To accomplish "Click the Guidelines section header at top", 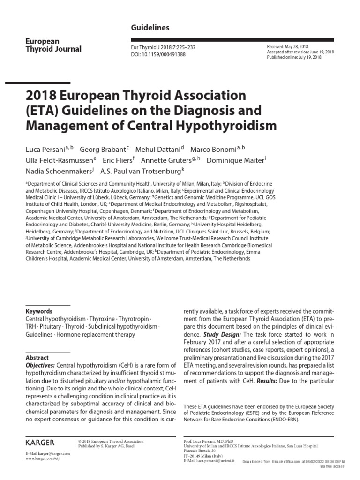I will tap(150, 28).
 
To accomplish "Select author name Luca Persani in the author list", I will tap(45, 150).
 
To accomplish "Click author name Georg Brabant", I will tap(103, 150).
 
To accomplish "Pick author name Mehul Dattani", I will tap(157, 150).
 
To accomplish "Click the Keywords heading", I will tap(39, 311).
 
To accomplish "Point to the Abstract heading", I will tap(37, 358).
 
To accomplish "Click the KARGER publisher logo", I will tap(40, 442).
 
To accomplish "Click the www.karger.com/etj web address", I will tap(42, 458).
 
